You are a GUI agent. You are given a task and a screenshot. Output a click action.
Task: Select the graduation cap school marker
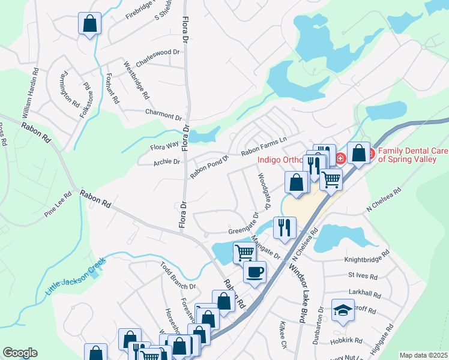343,311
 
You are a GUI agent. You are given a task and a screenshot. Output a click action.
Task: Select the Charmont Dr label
163,114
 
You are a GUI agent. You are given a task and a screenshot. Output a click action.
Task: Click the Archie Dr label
167,161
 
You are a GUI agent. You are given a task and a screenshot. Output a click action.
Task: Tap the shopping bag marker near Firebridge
89,25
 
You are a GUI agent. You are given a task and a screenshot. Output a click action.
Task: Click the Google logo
20,353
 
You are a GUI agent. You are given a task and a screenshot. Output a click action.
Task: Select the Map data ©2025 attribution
423,355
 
